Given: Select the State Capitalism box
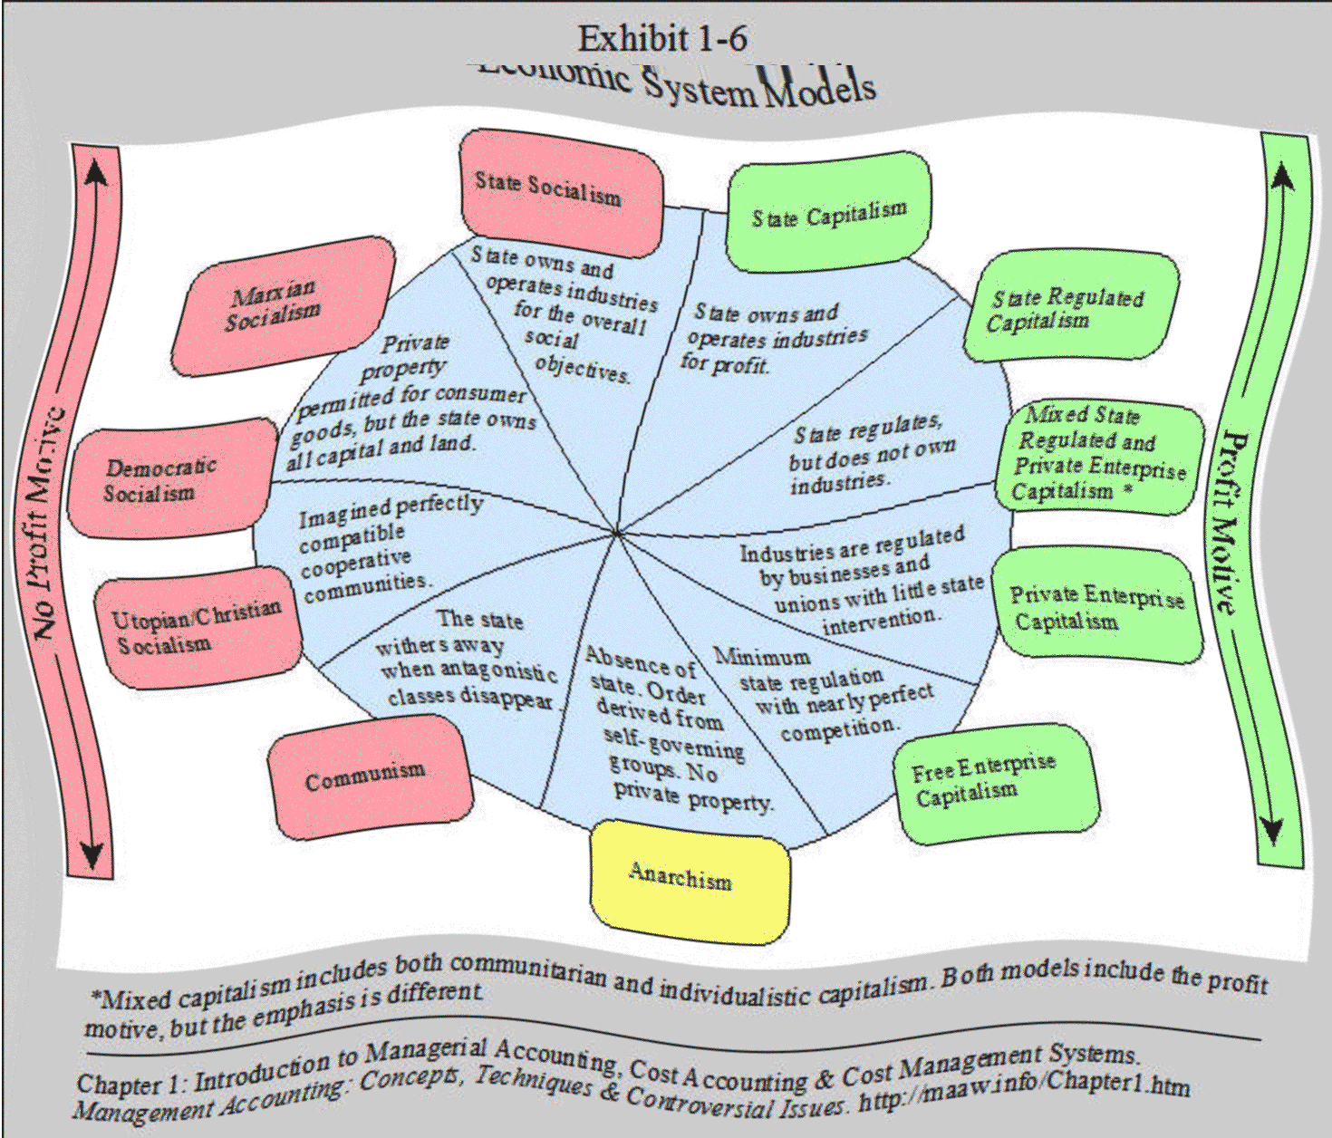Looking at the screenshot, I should point(828,214).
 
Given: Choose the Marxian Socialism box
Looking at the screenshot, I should point(281,304).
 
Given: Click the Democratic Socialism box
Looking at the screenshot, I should point(168,478).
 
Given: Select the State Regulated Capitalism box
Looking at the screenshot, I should point(1069,308).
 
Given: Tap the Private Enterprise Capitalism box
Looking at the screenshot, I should point(1095,607).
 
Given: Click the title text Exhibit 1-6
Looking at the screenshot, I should point(662,38).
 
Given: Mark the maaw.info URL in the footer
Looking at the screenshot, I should point(1024,1091).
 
